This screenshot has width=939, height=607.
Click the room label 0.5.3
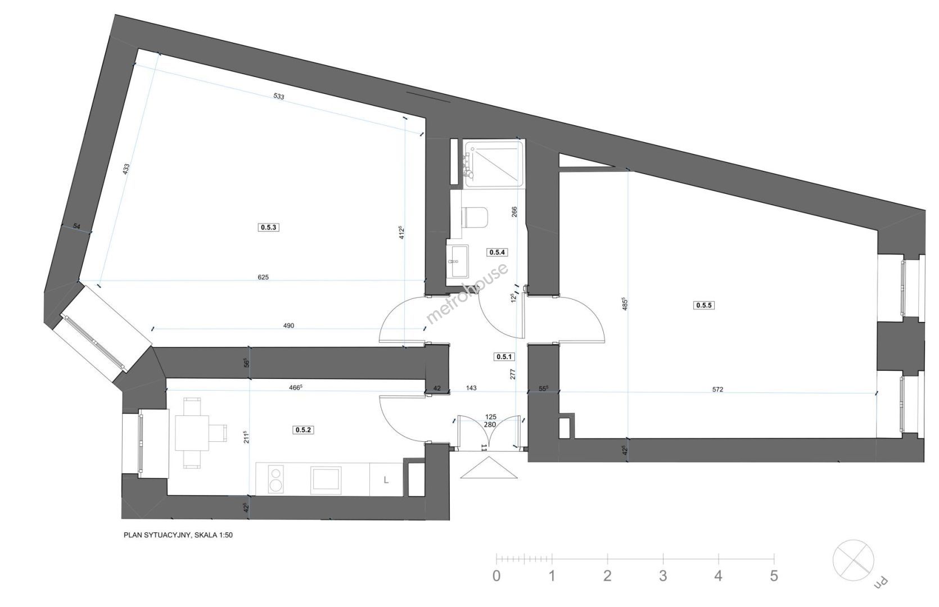click(269, 228)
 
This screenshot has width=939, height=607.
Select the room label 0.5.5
click(704, 305)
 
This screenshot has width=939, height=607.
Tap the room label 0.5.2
click(303, 430)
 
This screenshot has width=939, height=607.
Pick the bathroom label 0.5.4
click(496, 252)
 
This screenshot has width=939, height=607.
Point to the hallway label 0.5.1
click(504, 357)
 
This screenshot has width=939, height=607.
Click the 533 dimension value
click(279, 96)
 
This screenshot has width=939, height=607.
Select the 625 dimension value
click(263, 277)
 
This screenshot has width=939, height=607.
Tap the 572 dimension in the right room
click(717, 389)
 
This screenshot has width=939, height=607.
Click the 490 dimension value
click(288, 325)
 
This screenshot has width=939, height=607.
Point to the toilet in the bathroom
click(475, 217)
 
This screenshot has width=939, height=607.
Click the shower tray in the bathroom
click(494, 164)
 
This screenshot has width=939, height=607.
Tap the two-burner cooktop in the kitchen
click(276, 479)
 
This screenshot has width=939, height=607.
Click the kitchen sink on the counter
click(326, 480)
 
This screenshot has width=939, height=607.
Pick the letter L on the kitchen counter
click(386, 480)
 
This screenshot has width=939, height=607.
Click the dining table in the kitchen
click(192, 433)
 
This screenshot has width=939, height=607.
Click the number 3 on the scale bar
click(663, 576)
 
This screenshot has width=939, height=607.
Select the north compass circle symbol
click(853, 560)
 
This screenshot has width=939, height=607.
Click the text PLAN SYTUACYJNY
click(157, 535)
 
